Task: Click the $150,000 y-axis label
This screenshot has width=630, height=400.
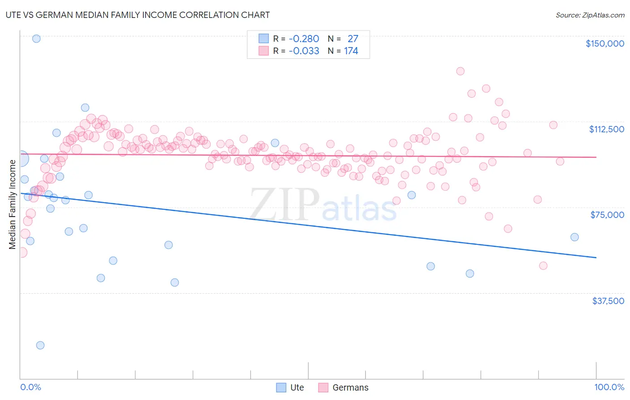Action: [x=604, y=43]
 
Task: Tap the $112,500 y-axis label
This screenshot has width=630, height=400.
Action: [x=606, y=129]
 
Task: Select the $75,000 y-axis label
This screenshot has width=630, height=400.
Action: [x=607, y=215]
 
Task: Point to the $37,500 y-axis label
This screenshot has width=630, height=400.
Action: [x=608, y=301]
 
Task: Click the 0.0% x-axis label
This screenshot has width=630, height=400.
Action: [x=30, y=387]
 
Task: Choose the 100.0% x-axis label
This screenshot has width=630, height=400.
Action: [x=609, y=387]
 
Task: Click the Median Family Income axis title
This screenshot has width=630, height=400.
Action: [x=12, y=204]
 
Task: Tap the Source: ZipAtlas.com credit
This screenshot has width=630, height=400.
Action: [x=590, y=15]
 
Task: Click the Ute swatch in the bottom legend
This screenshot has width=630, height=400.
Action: [x=281, y=387]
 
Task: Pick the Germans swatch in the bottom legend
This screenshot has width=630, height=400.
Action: [x=323, y=387]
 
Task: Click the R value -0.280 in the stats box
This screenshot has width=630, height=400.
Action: [x=304, y=39]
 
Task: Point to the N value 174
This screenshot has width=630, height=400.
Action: [x=351, y=51]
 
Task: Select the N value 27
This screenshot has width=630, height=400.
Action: [x=353, y=39]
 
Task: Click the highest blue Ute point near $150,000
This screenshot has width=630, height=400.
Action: [x=36, y=39]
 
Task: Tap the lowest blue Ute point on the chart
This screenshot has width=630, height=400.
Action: [x=40, y=345]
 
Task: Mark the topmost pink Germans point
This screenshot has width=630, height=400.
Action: [x=460, y=71]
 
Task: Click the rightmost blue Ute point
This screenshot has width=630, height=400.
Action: [x=574, y=237]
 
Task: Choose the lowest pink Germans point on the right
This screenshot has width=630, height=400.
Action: [x=543, y=266]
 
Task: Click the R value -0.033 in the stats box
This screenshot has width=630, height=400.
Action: [x=304, y=51]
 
